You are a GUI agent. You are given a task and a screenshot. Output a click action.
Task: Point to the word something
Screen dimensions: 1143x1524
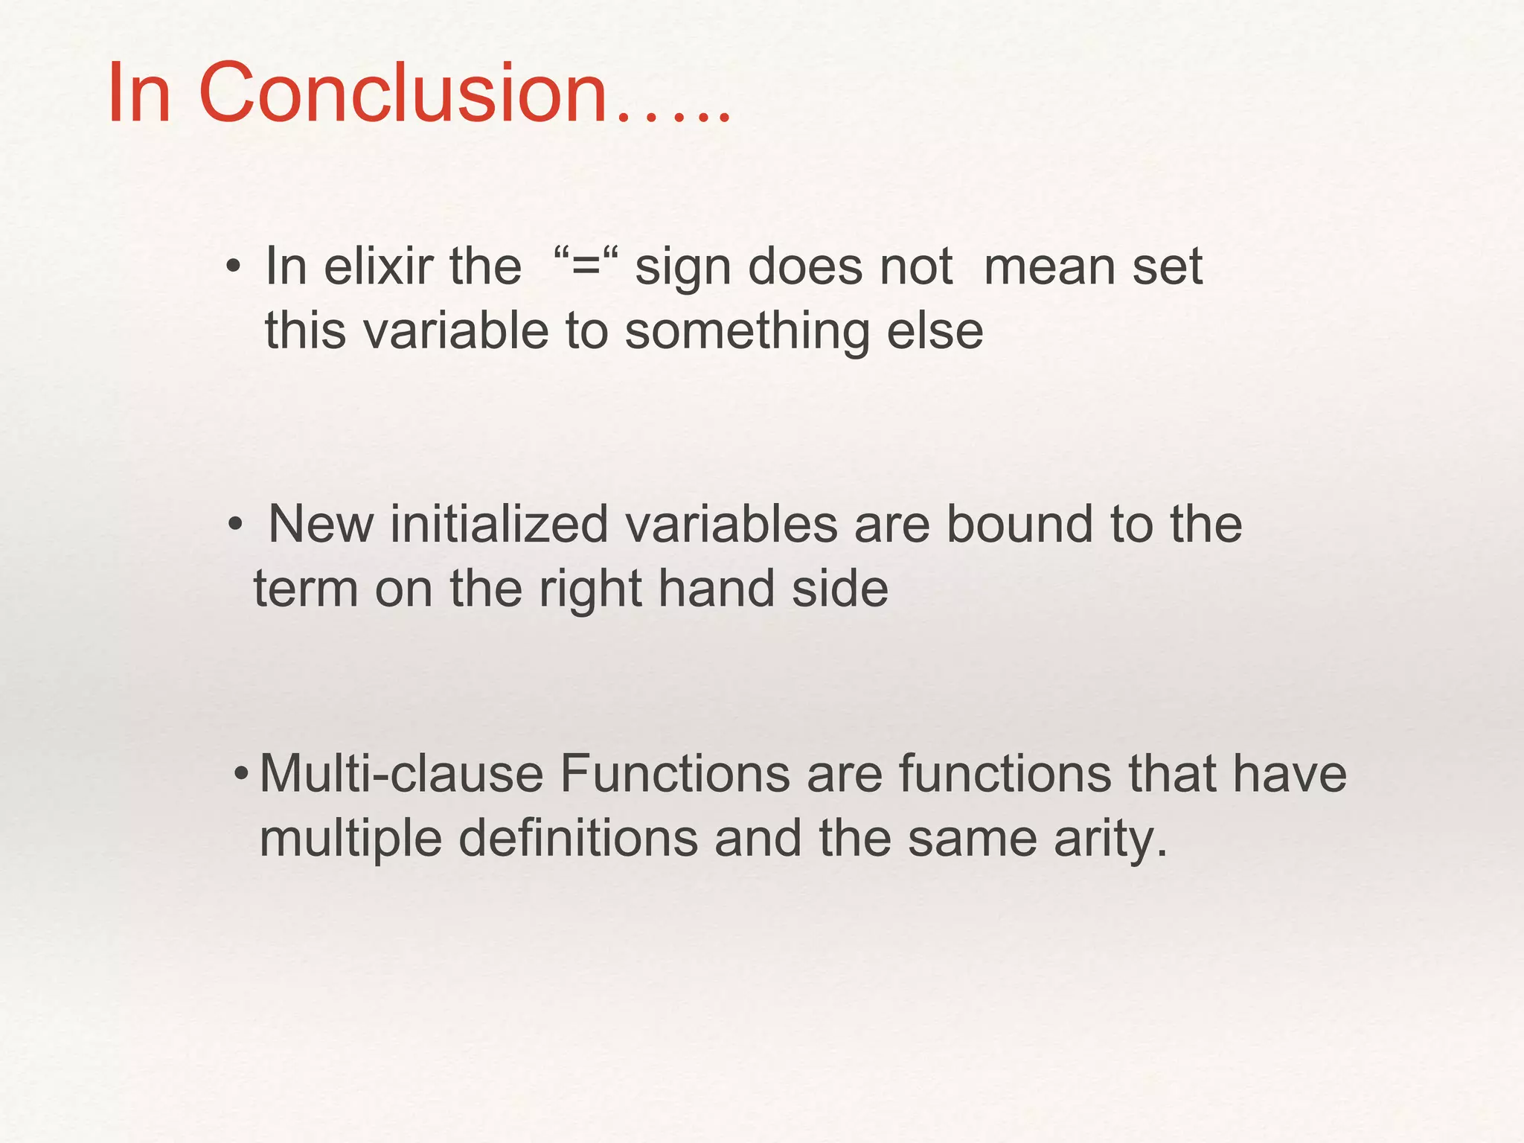746,332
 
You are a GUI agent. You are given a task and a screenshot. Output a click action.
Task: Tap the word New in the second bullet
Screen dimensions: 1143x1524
321,524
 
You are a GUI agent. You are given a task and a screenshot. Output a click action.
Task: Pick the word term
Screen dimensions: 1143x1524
306,589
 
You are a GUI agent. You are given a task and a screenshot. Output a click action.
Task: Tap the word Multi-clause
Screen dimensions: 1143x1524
402,774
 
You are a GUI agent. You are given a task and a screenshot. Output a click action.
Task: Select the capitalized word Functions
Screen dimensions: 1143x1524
675,774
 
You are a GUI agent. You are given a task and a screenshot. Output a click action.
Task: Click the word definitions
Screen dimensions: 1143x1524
578,839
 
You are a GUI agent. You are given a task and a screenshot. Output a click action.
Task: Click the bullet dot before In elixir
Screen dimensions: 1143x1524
234,267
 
